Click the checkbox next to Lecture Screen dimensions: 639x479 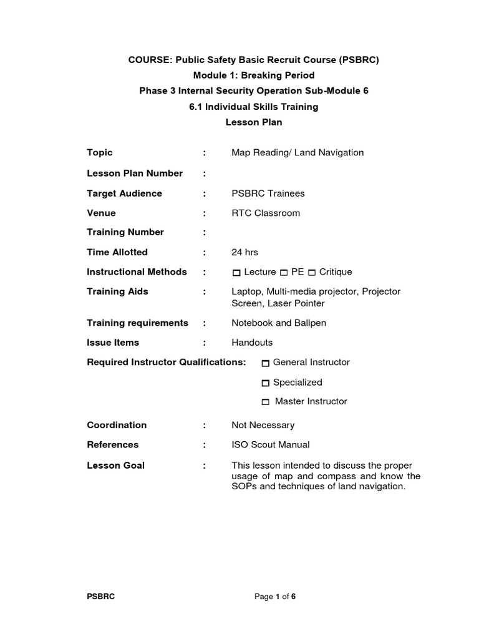pyautogui.click(x=236, y=273)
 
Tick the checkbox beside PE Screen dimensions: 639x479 pyautogui.click(x=284, y=273)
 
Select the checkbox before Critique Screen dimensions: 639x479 pyautogui.click(x=312, y=273)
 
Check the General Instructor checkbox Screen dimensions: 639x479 pyautogui.click(x=266, y=363)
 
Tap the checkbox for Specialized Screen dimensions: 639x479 pyautogui.click(x=266, y=383)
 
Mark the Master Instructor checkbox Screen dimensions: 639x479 pyautogui.click(x=266, y=402)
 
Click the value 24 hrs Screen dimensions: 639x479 pyautogui.click(x=244, y=252)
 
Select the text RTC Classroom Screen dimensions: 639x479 pyautogui.click(x=265, y=213)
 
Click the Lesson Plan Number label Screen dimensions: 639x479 pyautogui.click(x=134, y=173)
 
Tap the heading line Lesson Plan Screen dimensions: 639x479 pyautogui.click(x=253, y=122)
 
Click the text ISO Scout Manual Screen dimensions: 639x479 pyautogui.click(x=270, y=444)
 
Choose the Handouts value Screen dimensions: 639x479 pyautogui.click(x=252, y=342)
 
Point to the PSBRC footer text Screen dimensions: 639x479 pyautogui.click(x=100, y=597)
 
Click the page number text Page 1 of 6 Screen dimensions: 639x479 pyautogui.click(x=275, y=597)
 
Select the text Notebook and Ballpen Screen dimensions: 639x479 pyautogui.click(x=278, y=323)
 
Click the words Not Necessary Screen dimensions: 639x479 pyautogui.click(x=263, y=425)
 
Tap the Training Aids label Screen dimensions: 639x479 pyautogui.click(x=117, y=291)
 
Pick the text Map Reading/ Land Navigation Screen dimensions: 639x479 pyautogui.click(x=297, y=152)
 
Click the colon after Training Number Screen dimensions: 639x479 pyautogui.click(x=204, y=232)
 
